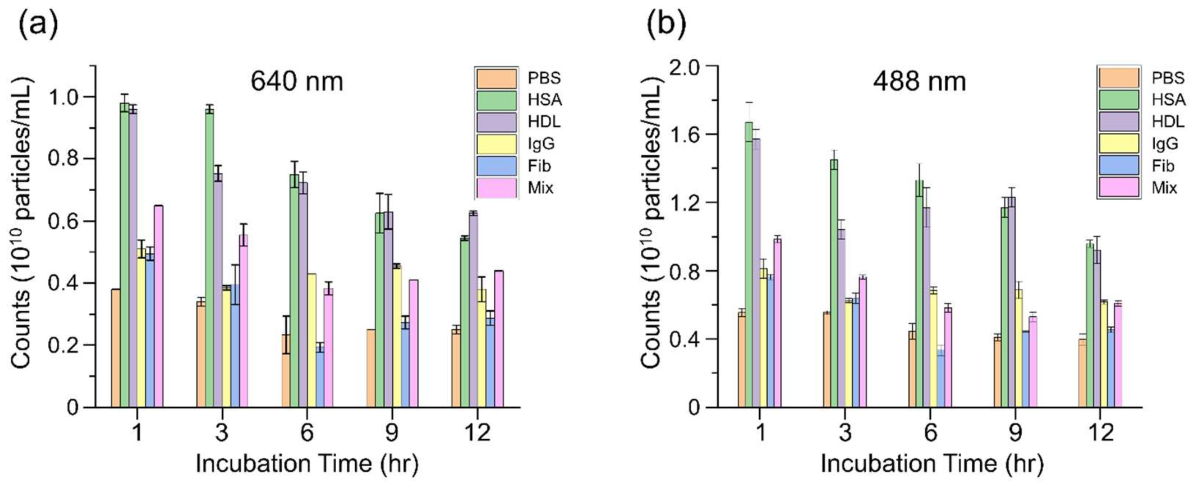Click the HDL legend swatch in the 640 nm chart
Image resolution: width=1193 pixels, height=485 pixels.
pyautogui.click(x=496, y=122)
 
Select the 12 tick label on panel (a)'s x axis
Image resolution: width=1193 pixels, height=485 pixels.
pyautogui.click(x=477, y=433)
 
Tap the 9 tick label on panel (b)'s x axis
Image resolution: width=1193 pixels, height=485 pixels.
pyautogui.click(x=1015, y=433)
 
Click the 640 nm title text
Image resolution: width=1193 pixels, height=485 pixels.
pyautogui.click(x=297, y=82)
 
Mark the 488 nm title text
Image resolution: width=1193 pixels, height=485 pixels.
pyautogui.click(x=920, y=82)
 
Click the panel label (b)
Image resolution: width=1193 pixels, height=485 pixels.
pyautogui.click(x=666, y=26)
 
